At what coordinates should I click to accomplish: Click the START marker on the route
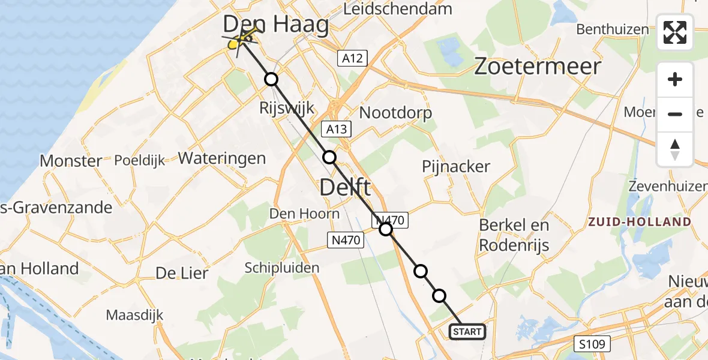(467, 332)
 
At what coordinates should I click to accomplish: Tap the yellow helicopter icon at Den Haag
(242, 40)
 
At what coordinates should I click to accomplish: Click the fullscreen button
(675, 32)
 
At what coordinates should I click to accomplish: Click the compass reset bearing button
(675, 149)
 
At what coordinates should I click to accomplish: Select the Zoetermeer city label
(538, 67)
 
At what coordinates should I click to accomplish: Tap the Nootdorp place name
(395, 113)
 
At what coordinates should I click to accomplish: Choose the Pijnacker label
(456, 167)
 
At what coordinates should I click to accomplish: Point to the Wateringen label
(222, 158)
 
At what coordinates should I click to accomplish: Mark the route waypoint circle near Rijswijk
(272, 79)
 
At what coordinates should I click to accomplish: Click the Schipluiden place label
(282, 268)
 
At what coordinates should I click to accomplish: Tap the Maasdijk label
(134, 315)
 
